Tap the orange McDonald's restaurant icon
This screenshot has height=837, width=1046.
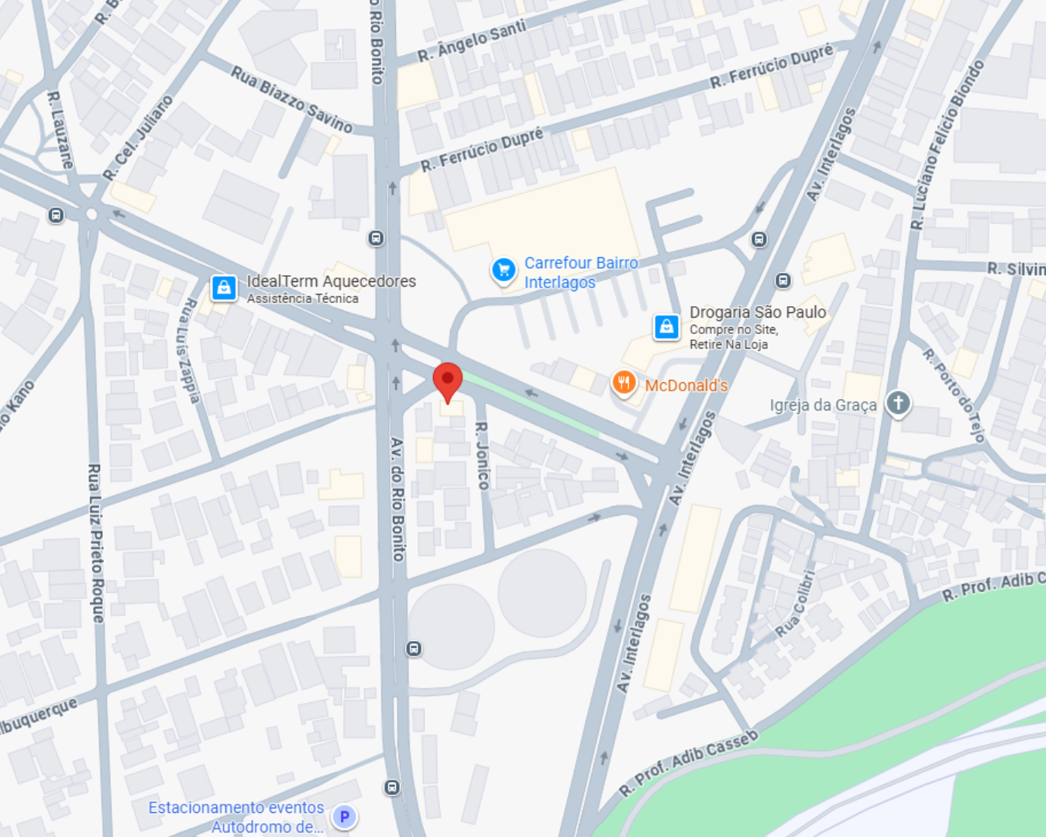pyautogui.click(x=624, y=383)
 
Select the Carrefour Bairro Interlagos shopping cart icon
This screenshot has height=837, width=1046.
pyautogui.click(x=504, y=270)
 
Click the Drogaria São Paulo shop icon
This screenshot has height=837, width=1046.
pyautogui.click(x=666, y=326)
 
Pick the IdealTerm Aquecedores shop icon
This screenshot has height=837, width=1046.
pyautogui.click(x=224, y=288)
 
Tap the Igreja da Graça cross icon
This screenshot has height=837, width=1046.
pyautogui.click(x=898, y=403)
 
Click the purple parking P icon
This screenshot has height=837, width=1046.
pyautogui.click(x=344, y=817)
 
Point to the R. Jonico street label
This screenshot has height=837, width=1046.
pyautogui.click(x=482, y=456)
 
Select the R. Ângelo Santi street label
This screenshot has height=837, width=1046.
pyautogui.click(x=472, y=42)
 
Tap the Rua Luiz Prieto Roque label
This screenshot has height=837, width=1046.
pyautogui.click(x=95, y=542)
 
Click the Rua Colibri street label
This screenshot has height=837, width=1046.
pyautogui.click(x=797, y=604)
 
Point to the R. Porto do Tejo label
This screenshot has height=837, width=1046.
pyautogui.click(x=953, y=395)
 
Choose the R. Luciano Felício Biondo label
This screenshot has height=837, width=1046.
pyautogui.click(x=947, y=145)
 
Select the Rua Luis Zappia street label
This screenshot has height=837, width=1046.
pyautogui.click(x=189, y=350)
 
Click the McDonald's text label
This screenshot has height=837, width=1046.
pyautogui.click(x=686, y=385)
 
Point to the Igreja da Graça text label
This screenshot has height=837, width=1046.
pyautogui.click(x=823, y=405)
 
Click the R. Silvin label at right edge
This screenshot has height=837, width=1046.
pyautogui.click(x=1016, y=269)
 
